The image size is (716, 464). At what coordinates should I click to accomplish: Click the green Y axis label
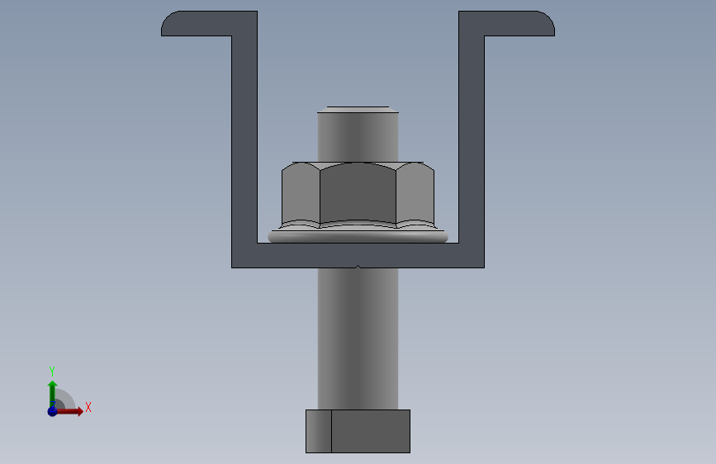(52, 371)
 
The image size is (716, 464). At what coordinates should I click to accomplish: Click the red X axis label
(88, 407)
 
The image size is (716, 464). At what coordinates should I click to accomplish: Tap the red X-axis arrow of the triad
(69, 411)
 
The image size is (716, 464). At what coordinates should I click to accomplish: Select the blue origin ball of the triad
(52, 411)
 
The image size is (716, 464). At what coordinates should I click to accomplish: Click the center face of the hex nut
(358, 192)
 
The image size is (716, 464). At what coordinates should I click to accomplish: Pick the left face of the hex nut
(301, 194)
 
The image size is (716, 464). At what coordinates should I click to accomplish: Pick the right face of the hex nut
(415, 194)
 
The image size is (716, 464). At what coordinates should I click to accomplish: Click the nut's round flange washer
(358, 236)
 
